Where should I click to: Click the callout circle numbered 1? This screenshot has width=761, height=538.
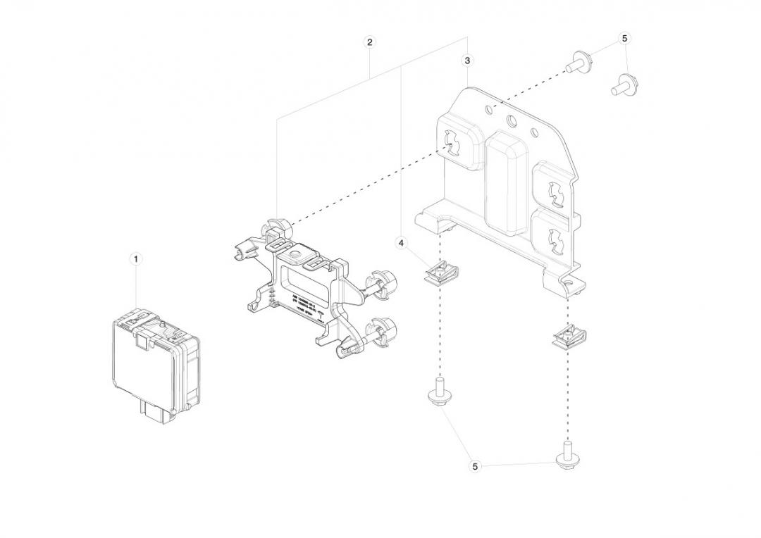137,258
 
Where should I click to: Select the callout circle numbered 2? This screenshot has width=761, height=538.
370,42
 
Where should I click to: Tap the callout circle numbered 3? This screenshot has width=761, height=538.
468,61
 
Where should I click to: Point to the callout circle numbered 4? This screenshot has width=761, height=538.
402,243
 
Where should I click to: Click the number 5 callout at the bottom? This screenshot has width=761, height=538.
475,466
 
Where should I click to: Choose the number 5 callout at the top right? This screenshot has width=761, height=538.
624,39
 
